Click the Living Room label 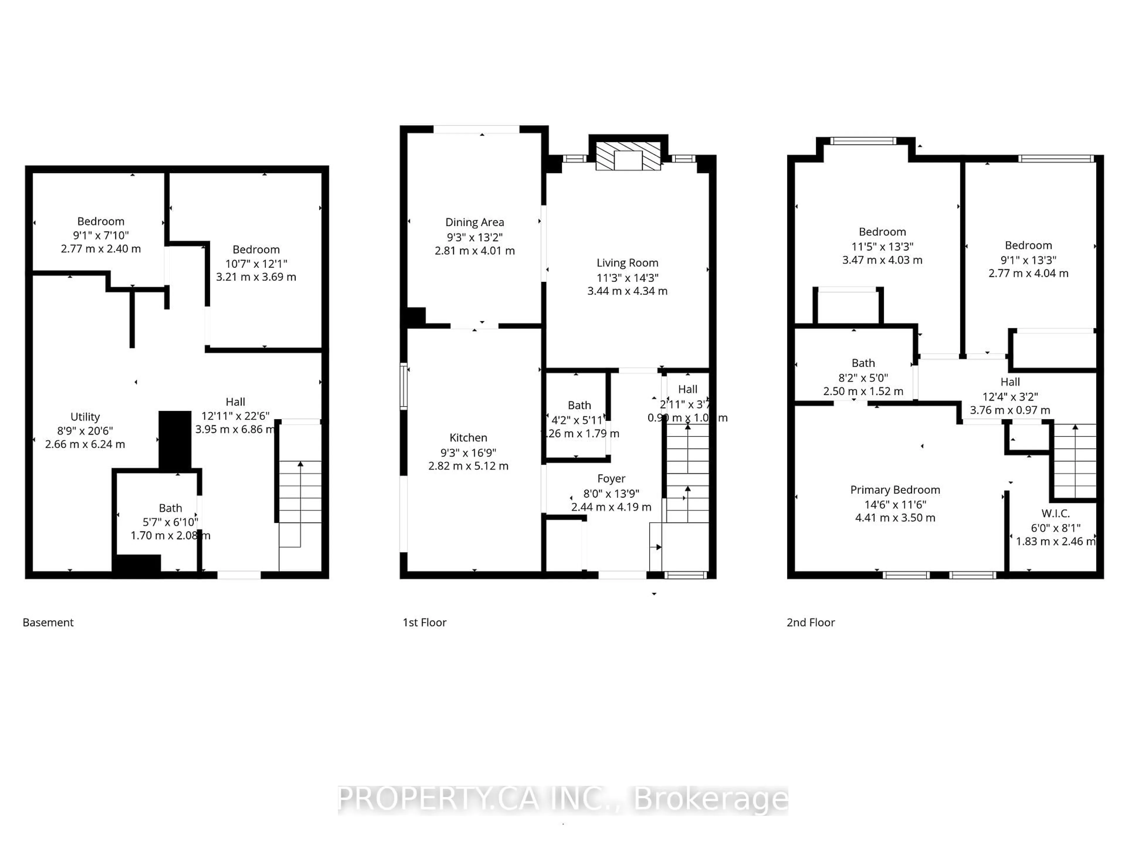(627, 263)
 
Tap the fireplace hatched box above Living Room (628, 155)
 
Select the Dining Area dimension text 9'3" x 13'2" (474, 237)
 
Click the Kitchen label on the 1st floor (468, 437)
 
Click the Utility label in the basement (85, 417)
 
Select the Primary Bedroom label (895, 490)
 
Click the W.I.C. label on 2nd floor (1055, 513)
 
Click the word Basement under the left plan (48, 622)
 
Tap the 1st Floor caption (425, 622)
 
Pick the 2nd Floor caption (811, 622)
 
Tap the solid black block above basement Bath (174, 439)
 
